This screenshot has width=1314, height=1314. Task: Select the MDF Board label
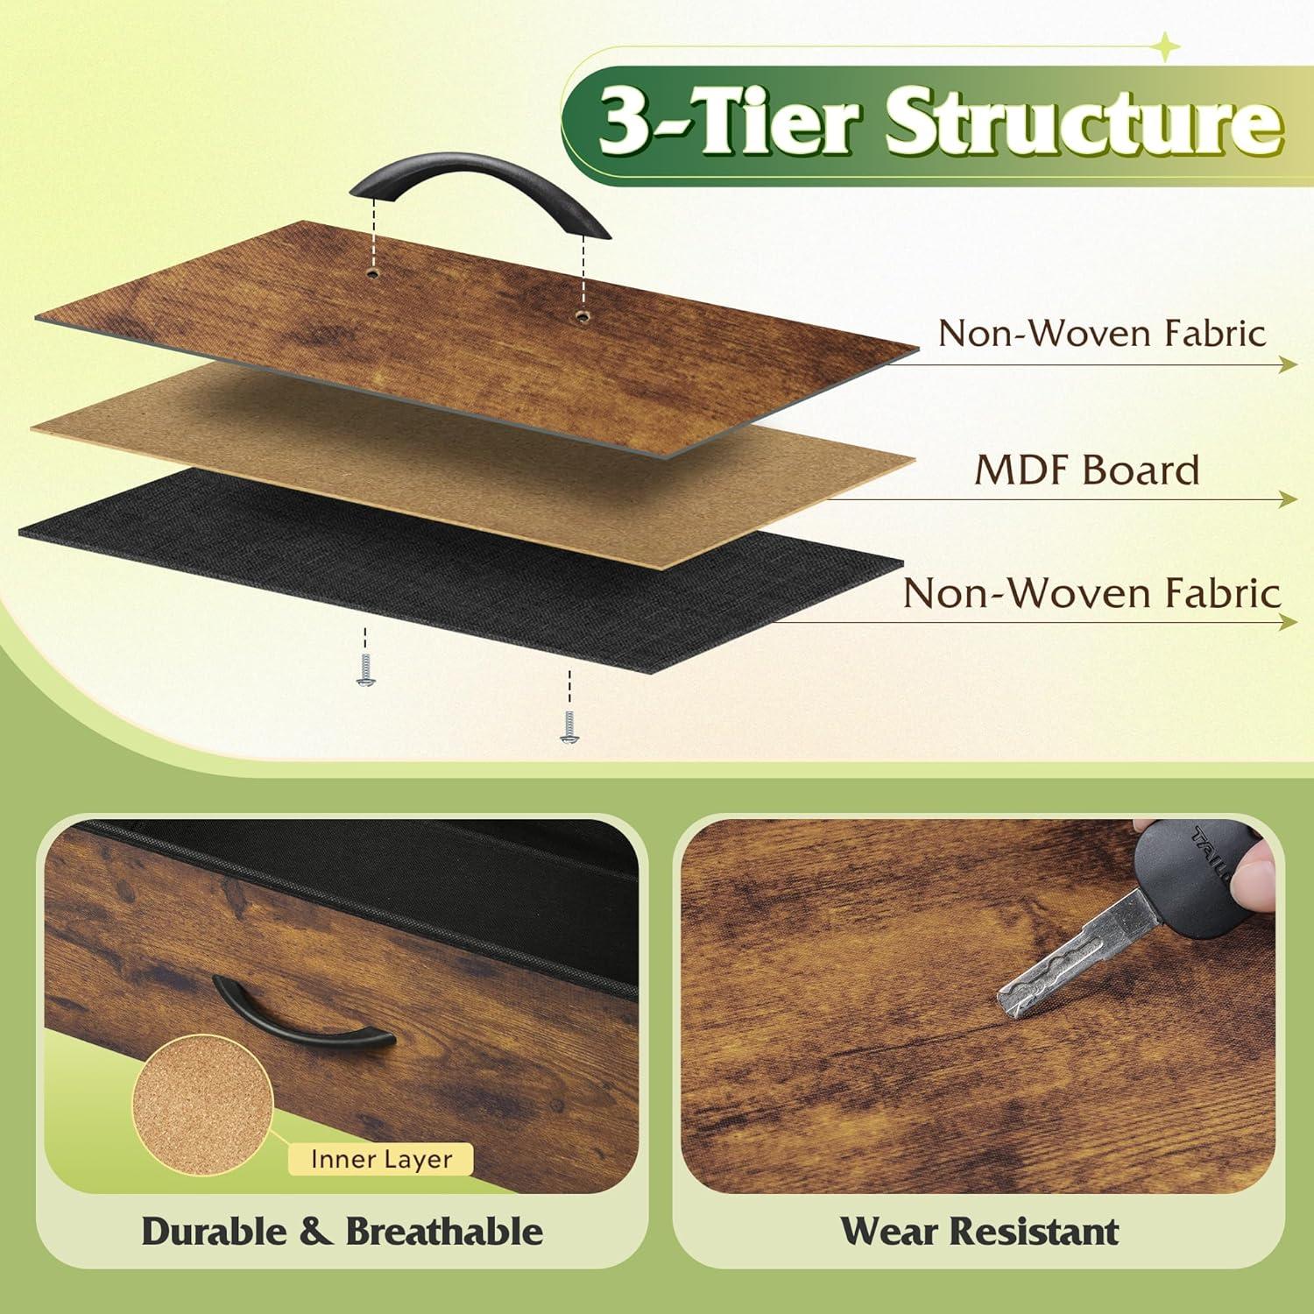tap(1087, 471)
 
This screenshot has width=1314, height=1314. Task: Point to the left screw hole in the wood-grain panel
tap(374, 273)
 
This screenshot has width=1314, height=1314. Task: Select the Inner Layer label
tap(381, 1159)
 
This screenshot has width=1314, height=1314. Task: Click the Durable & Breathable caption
tap(342, 1231)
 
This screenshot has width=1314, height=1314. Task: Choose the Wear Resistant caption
tap(979, 1231)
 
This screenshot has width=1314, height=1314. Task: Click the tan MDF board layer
tap(473, 469)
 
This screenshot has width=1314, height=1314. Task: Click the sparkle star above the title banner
tap(1166, 48)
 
